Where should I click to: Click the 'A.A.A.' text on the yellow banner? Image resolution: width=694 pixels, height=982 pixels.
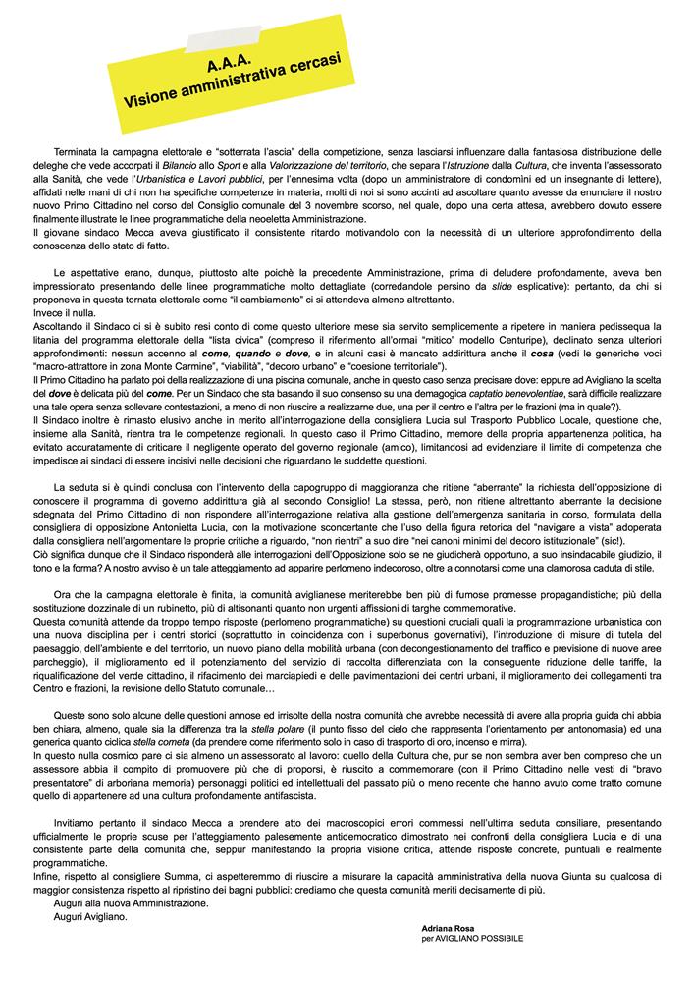[231, 66]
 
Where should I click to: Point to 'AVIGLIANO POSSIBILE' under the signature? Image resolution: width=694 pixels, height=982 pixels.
[479, 939]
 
